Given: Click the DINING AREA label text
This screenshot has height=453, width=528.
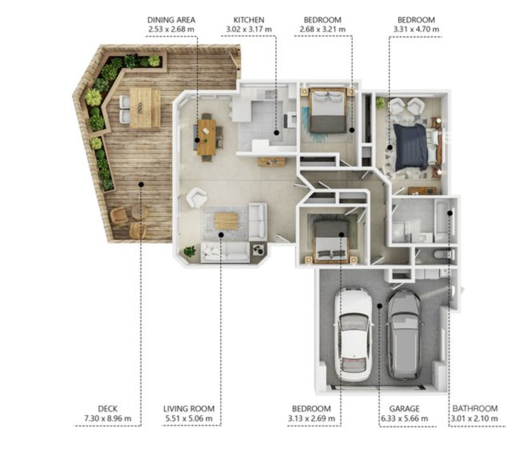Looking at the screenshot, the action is (171, 20).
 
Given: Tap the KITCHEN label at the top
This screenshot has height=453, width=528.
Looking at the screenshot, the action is (248, 20).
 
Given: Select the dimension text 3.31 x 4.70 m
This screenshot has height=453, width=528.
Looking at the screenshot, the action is (416, 29).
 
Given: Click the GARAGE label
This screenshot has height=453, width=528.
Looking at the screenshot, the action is (404, 409).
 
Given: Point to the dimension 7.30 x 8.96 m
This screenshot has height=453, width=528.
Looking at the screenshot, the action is (108, 418).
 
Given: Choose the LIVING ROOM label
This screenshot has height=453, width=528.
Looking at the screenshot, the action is (189, 409).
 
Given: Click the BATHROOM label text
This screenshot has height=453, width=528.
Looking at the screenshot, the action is (475, 408).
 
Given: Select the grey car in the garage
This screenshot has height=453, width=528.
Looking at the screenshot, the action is (404, 335).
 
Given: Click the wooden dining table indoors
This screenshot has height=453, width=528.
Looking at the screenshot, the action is (206, 137).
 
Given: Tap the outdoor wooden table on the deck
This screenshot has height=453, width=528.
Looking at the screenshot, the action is (145, 108).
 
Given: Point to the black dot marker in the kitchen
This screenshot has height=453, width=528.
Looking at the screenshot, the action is (276, 133).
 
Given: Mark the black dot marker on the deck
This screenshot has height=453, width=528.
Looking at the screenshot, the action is (141, 184).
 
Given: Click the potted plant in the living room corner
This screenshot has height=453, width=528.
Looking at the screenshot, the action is (190, 251).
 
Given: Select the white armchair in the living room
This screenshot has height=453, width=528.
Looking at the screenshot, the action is (196, 197).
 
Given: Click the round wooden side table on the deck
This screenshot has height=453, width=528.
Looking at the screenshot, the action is (140, 212).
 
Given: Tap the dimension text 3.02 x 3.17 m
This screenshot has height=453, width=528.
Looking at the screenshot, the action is (249, 29).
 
